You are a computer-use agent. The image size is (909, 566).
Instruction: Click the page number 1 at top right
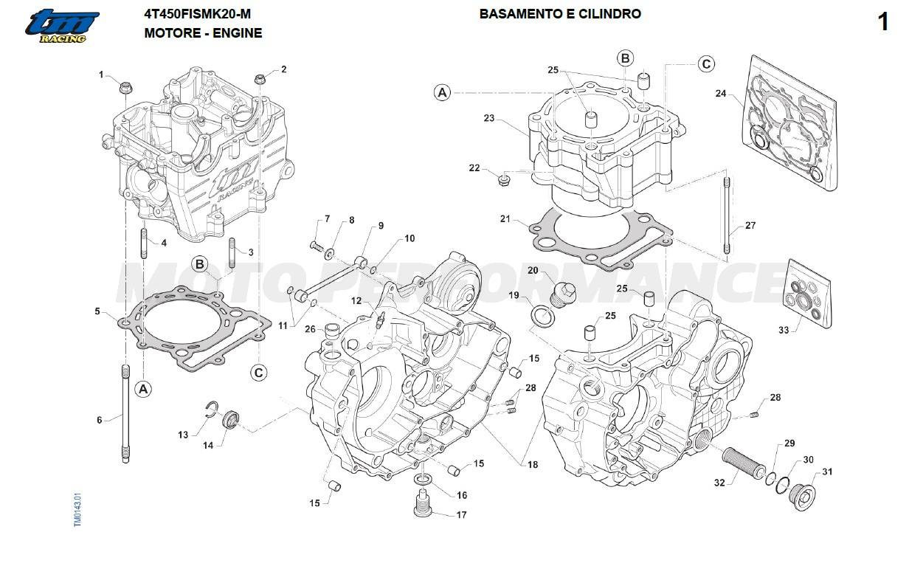(883, 22)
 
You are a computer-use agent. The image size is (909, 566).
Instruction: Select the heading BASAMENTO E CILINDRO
(560, 14)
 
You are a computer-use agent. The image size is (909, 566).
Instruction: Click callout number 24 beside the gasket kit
(721, 94)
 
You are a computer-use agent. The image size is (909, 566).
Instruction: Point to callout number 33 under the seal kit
(783, 329)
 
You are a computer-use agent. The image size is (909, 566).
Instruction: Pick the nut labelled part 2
(260, 80)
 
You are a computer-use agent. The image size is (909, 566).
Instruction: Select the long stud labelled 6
(125, 413)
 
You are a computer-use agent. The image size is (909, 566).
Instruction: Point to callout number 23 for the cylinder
(488, 118)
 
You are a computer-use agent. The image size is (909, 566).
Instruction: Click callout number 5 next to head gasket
(97, 311)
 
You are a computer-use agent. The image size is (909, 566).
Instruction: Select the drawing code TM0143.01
(77, 508)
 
